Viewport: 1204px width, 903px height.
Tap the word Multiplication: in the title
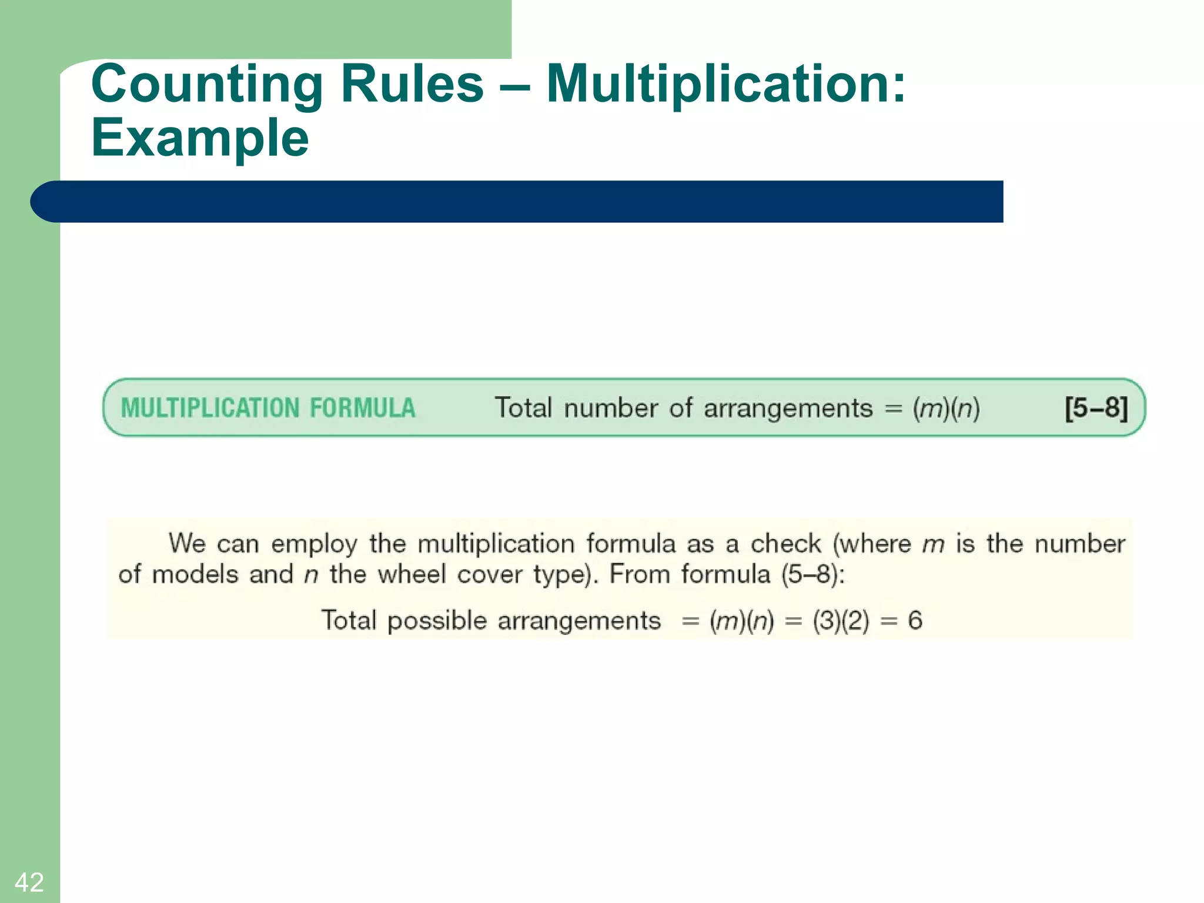pos(726,85)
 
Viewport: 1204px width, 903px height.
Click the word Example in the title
pos(200,138)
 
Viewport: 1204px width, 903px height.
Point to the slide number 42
pos(29,882)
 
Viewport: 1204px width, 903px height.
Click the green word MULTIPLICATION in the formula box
pos(210,408)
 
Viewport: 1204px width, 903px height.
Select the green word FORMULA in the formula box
pos(363,408)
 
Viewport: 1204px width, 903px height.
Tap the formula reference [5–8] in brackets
pos(1096,407)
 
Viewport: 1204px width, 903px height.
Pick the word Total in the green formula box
pos(523,407)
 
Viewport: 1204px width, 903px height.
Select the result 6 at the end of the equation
pos(915,620)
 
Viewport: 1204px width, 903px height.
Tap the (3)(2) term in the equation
pos(841,621)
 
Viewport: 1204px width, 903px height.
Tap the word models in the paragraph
pos(195,574)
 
